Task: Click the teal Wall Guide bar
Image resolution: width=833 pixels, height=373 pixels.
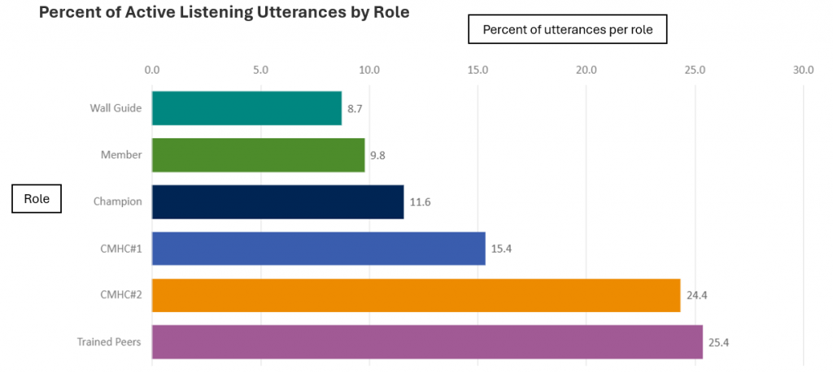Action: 246,108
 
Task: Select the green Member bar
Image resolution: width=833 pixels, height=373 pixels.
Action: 258,154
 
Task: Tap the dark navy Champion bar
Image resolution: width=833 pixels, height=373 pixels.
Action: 277,202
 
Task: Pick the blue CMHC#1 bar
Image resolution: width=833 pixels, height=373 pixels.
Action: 318,249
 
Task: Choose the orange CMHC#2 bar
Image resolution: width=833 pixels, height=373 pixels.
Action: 416,295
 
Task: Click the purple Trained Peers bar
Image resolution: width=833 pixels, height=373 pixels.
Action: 427,342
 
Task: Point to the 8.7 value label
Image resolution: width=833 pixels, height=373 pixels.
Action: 355,108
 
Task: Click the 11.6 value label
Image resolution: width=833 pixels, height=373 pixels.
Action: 420,202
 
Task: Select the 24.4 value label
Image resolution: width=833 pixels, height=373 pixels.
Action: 697,296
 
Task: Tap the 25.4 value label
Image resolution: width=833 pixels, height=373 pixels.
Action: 718,343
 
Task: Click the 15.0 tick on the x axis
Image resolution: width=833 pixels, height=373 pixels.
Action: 478,70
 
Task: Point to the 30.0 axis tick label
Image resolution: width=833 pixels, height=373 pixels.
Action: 803,70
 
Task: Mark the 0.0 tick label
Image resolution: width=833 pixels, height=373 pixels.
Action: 152,70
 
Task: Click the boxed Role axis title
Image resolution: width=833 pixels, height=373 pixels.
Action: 37,199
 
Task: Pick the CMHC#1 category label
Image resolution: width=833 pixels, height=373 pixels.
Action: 123,249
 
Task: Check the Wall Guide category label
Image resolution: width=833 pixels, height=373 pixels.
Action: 116,108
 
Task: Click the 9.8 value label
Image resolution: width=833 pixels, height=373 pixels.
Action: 377,155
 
